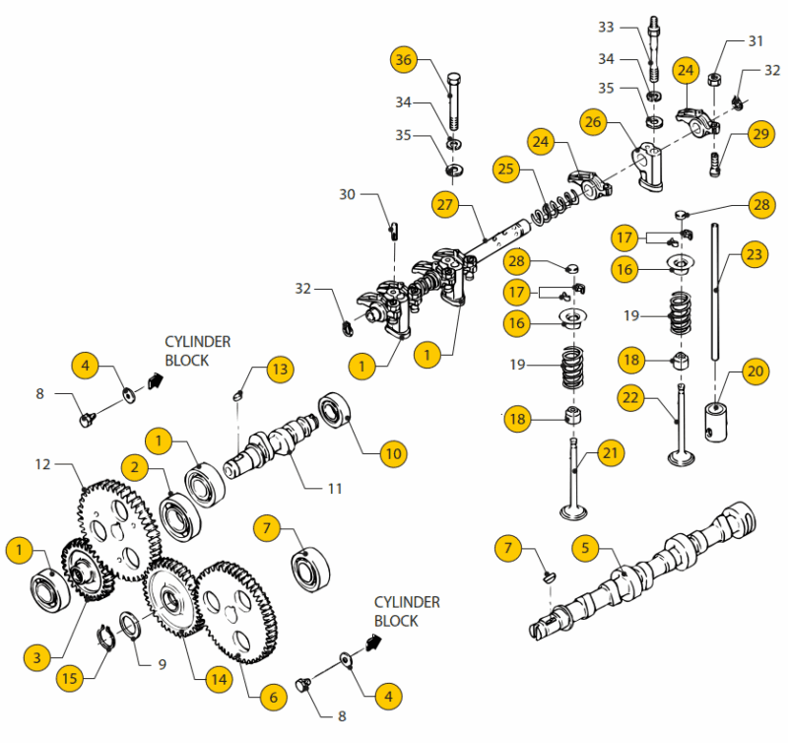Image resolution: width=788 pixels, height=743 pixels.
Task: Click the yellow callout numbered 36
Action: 403,59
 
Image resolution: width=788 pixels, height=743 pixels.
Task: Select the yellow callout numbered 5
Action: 584,547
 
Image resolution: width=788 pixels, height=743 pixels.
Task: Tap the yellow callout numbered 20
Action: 755,371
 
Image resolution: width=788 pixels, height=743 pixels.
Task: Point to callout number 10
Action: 393,453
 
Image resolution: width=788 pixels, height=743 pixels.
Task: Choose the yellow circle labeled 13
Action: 280,371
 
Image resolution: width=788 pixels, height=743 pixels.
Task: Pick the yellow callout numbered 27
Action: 445,204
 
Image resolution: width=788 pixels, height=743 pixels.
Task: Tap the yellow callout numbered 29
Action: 760,135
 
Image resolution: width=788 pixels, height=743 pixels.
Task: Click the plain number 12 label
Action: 42,463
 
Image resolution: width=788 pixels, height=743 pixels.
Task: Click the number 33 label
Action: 633,27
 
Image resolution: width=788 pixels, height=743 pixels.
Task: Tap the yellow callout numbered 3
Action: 36,656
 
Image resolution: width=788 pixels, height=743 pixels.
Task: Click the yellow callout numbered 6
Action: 274,696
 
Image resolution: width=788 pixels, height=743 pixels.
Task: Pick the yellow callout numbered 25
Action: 506,169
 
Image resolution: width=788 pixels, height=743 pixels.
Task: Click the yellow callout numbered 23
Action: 754,255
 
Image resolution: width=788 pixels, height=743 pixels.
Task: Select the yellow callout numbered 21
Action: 612,453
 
